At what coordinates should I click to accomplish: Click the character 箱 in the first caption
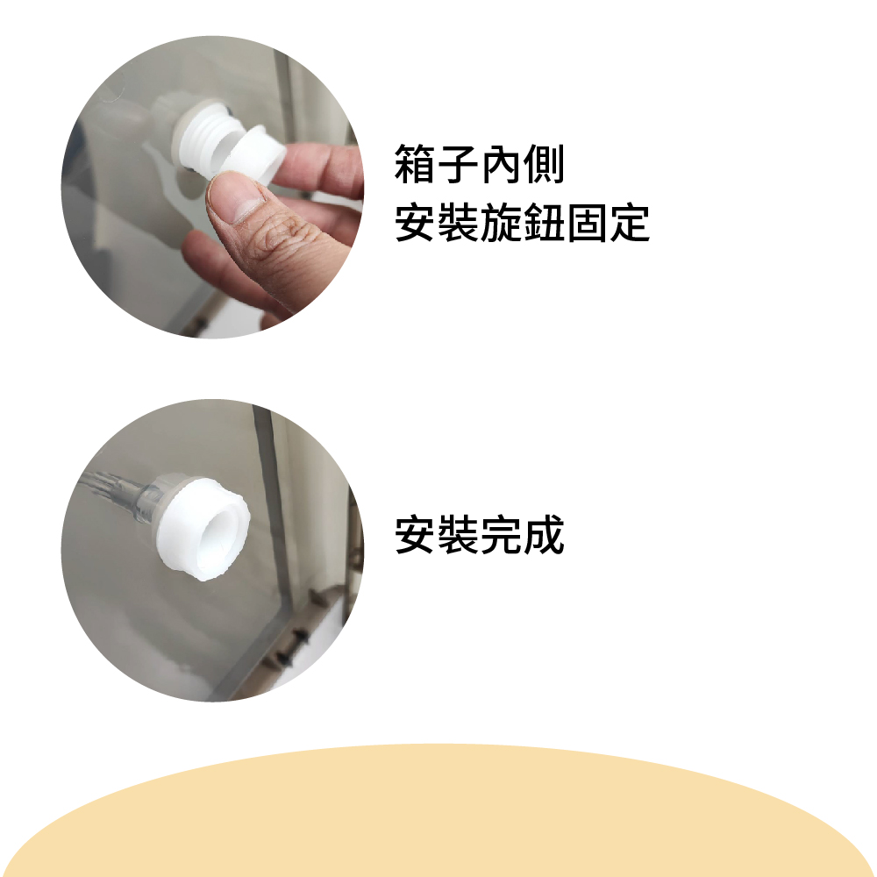[x=415, y=164]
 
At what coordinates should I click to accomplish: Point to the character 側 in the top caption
[x=544, y=164]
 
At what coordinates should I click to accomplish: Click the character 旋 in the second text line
[x=501, y=223]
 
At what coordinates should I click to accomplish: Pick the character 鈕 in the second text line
[x=544, y=223]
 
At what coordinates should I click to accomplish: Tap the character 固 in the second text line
[x=587, y=223]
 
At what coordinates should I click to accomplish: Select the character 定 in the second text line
[x=630, y=223]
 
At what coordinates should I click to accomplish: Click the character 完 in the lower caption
[x=501, y=535]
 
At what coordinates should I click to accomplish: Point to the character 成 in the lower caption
[x=544, y=535]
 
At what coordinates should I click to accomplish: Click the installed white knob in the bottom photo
[x=203, y=528]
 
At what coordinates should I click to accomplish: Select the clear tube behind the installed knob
[x=120, y=492]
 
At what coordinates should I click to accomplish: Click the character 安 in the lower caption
[x=415, y=535]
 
